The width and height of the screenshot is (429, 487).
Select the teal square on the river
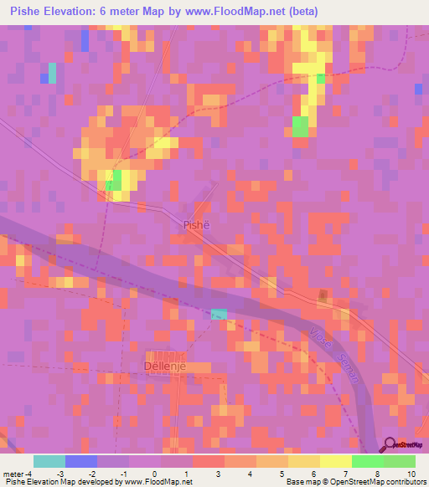(219, 314)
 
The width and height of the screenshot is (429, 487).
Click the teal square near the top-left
(53, 73)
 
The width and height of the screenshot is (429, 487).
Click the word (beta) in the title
(298, 11)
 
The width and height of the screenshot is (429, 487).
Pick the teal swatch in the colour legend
(49, 461)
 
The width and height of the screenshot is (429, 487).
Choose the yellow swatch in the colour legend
(335, 461)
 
